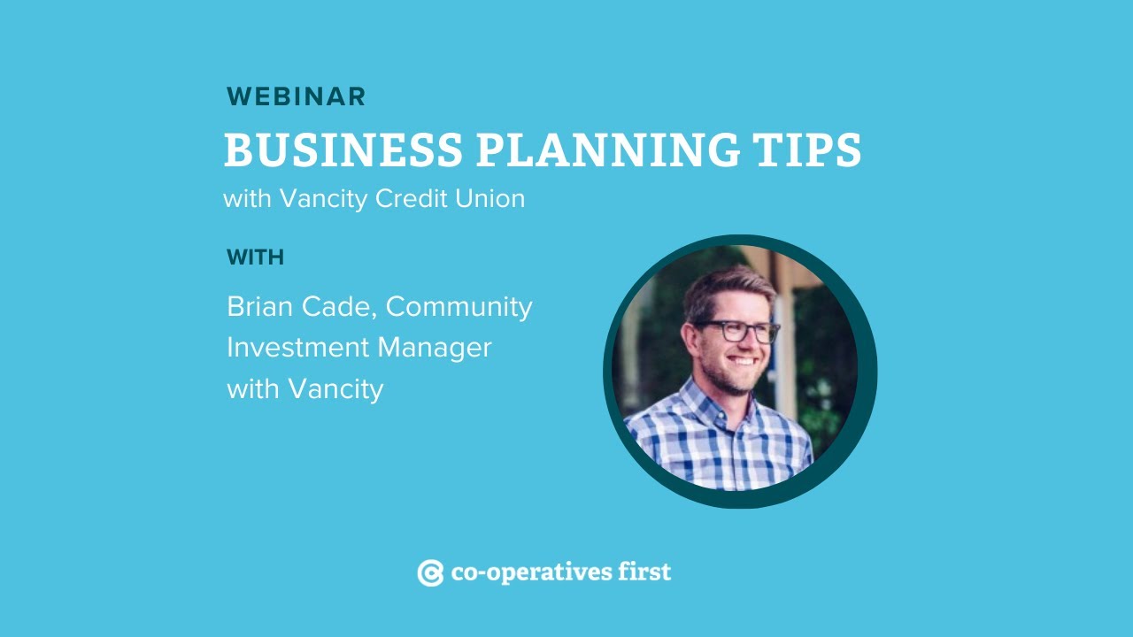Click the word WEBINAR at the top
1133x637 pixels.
click(x=296, y=96)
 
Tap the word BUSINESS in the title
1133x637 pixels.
click(x=343, y=150)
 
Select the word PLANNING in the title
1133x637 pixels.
click(x=609, y=150)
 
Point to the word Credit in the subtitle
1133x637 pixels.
click(x=411, y=198)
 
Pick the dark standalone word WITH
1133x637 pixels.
click(x=255, y=257)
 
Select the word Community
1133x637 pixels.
click(x=459, y=307)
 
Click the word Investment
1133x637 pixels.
click(x=297, y=348)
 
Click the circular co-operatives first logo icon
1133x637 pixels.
click(x=430, y=573)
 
